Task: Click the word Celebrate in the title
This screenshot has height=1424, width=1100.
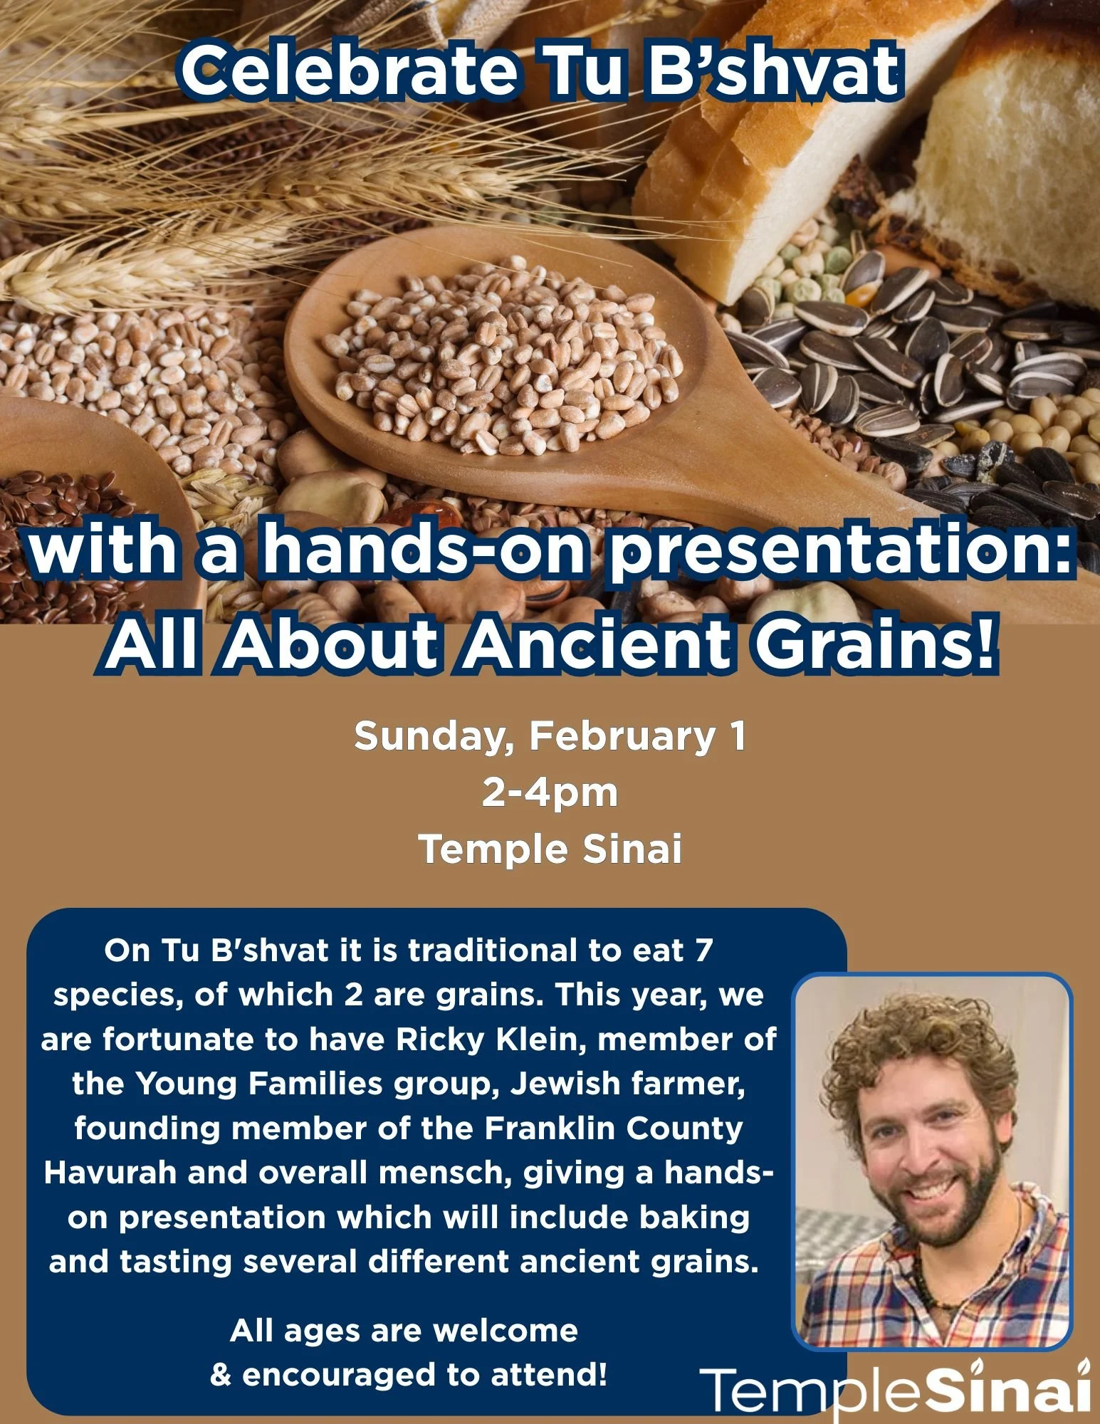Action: [349, 71]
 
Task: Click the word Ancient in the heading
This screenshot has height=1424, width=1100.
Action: [597, 644]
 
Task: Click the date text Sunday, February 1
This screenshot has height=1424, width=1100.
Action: [550, 735]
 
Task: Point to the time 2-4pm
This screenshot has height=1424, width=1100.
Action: [550, 792]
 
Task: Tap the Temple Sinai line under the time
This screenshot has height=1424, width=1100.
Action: [550, 849]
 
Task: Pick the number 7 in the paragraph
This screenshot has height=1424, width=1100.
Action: [703, 951]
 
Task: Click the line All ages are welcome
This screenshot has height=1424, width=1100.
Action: [404, 1330]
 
